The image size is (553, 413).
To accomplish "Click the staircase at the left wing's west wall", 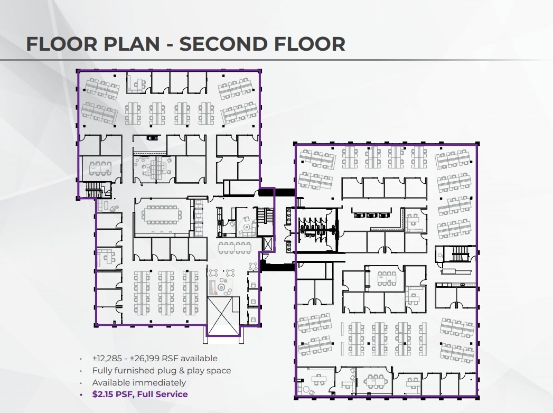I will pos(93,189).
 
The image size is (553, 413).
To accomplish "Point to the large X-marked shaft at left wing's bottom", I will pos(222,315).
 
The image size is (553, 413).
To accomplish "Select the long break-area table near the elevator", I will pos(235,247).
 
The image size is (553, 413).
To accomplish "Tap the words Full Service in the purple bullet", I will pos(164,394).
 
